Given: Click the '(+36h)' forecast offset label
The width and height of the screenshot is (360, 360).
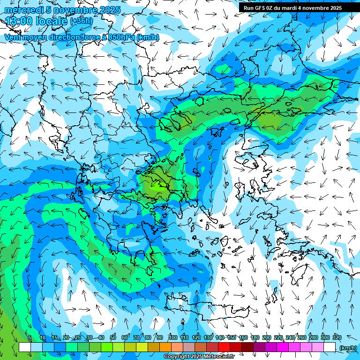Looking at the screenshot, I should point(81,21).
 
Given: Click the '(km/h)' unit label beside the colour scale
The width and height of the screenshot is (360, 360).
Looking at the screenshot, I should point(348,347).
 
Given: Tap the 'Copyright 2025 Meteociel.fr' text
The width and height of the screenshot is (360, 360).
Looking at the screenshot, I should point(199,357).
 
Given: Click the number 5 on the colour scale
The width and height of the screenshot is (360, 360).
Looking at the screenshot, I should point(30,337).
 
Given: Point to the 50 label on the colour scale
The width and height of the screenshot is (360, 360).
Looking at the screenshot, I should point(112,337).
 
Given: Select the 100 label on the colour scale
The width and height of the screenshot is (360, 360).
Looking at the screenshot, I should point(172,337).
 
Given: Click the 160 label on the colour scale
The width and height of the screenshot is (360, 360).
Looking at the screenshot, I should point(243,337).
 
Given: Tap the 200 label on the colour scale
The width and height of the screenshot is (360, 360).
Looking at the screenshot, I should point(266,337).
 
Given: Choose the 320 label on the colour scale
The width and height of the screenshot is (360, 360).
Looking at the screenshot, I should point(336,337).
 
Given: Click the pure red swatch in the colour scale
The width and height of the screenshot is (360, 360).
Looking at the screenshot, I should point(224,347).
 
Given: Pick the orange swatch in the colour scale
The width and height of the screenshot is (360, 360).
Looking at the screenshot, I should point(165,347).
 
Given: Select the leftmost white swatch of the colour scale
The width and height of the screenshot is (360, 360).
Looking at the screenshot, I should point(25,347).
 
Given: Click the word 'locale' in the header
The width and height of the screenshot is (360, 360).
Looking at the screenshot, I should point(51,21).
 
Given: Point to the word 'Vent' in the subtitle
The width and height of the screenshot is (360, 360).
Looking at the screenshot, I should point(13,37).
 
